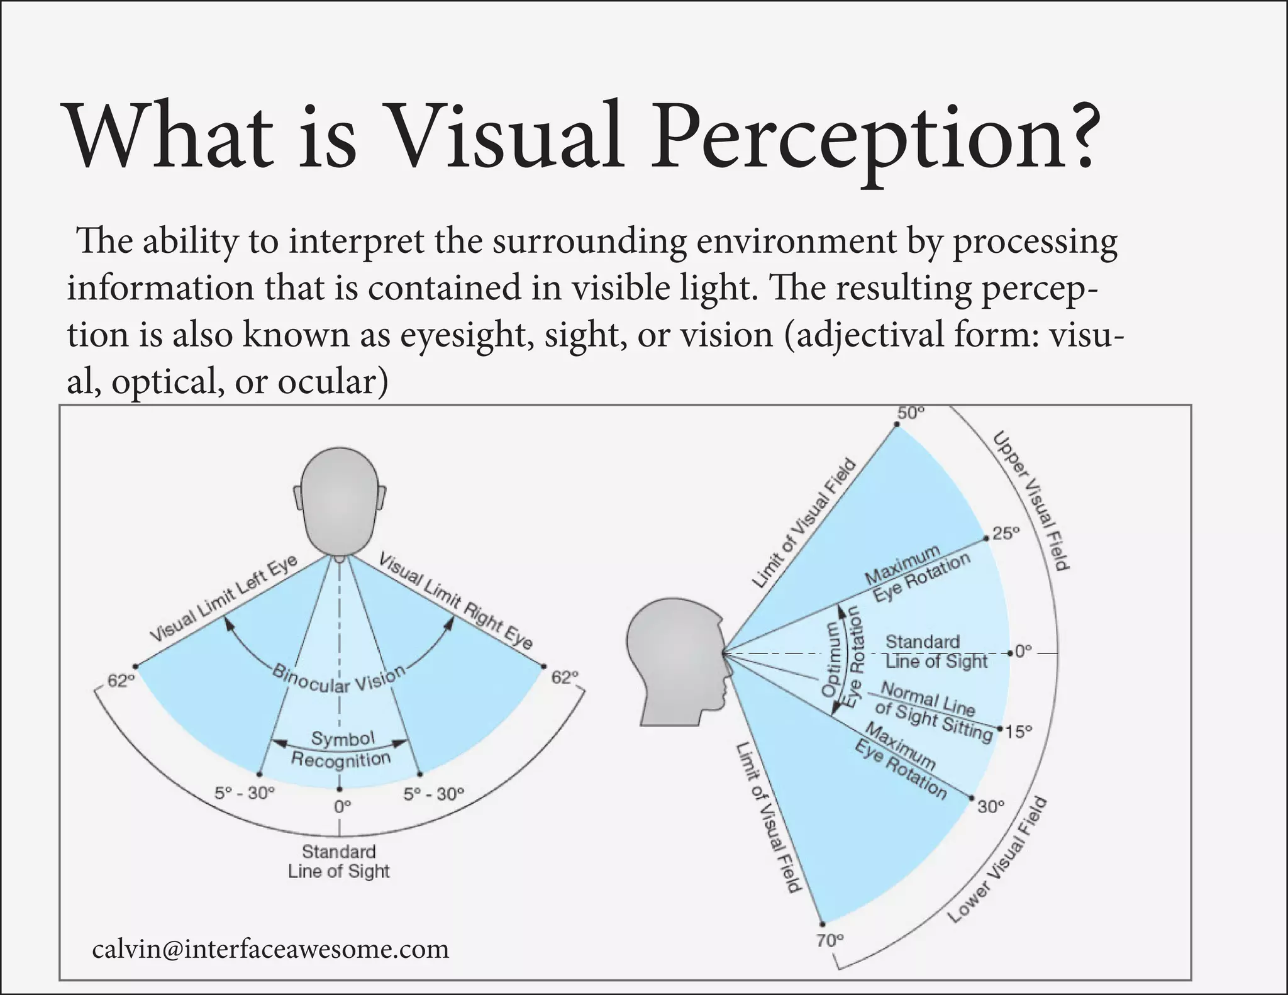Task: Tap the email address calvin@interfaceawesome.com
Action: pyautogui.click(x=270, y=948)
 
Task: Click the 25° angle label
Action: pyautogui.click(x=1005, y=533)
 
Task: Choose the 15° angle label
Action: pyautogui.click(x=1019, y=732)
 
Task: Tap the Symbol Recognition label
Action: pyautogui.click(x=341, y=749)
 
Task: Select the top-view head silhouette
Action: pyautogui.click(x=340, y=503)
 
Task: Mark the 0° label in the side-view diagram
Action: pyautogui.click(x=1023, y=652)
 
